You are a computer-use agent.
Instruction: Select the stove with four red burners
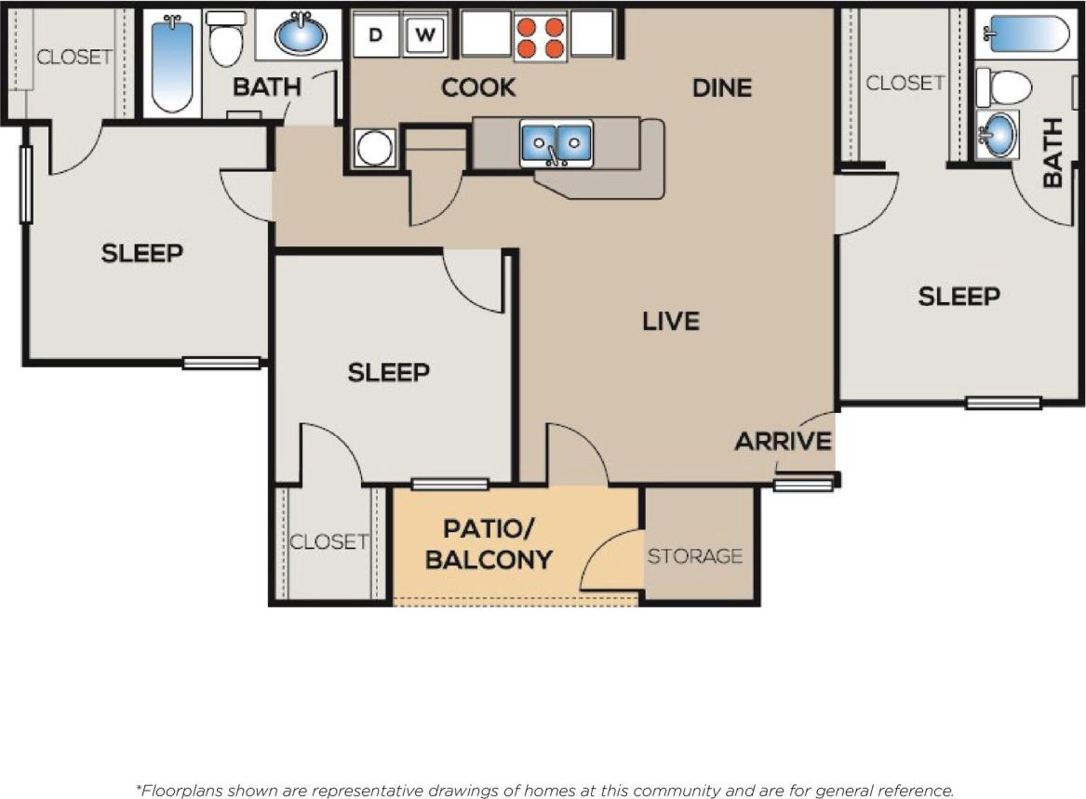click(540, 35)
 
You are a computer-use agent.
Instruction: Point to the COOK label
click(478, 87)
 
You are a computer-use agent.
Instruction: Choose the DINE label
click(722, 87)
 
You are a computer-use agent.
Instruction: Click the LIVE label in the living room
click(671, 321)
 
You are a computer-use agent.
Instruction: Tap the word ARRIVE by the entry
click(783, 441)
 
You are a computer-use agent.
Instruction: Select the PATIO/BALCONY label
click(489, 544)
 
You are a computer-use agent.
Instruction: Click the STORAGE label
click(695, 556)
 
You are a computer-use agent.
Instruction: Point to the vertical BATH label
click(1052, 153)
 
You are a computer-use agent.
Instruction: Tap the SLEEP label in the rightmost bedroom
click(959, 297)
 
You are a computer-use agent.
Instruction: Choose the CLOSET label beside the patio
click(328, 541)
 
